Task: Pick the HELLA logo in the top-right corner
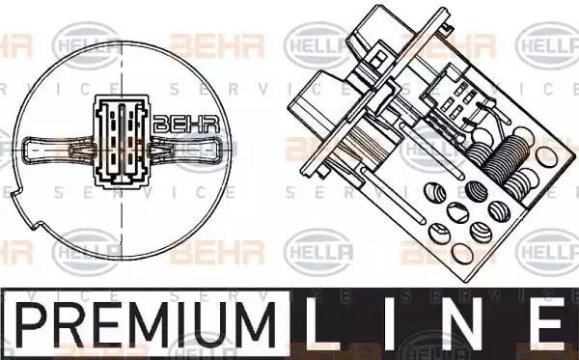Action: click(545, 41)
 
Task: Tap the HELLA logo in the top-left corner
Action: click(82, 41)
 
